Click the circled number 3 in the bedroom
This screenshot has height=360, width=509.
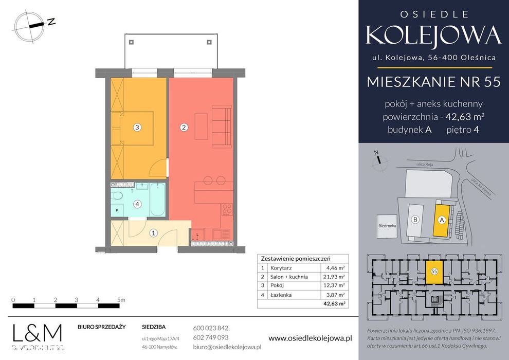[137, 128]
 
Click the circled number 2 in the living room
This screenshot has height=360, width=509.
[184, 128]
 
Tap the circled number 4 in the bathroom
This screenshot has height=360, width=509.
[137, 204]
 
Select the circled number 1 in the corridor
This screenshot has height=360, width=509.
[153, 233]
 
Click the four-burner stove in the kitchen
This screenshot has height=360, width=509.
[226, 209]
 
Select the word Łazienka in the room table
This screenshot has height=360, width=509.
[280, 295]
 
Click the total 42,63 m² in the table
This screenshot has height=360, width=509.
[334, 303]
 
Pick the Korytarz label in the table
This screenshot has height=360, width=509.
[280, 267]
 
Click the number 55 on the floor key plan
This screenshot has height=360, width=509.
[434, 271]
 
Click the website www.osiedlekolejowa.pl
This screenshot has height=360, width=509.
[310, 338]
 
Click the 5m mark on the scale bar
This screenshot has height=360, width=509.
[120, 299]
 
